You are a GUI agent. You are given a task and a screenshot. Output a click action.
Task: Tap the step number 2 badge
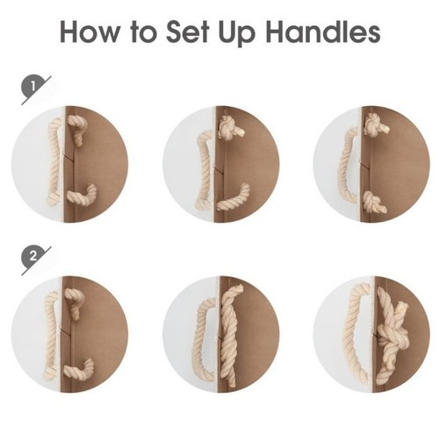[x=33, y=257]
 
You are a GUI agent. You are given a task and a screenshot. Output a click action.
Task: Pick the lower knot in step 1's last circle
[x=374, y=202]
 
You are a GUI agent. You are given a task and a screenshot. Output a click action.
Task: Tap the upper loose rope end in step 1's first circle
[x=76, y=129]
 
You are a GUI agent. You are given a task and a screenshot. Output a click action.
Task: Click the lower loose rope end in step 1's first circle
[x=82, y=196]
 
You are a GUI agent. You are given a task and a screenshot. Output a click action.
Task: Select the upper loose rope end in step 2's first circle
[x=74, y=303]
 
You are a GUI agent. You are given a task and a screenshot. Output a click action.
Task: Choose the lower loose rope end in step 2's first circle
[x=79, y=370]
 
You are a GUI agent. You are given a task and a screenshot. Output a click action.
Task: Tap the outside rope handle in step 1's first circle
[x=54, y=161]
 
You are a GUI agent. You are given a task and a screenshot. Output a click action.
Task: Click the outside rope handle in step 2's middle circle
[x=203, y=339]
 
